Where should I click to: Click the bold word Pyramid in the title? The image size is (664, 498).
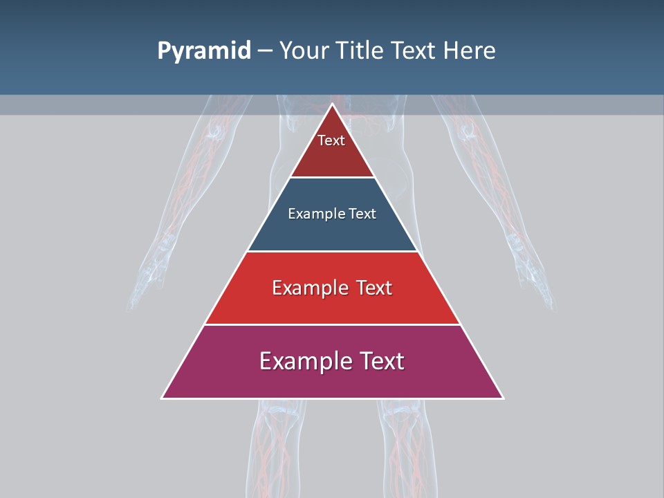[203, 51]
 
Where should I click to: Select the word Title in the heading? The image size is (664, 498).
[362, 51]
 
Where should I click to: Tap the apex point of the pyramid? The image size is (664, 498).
[332, 104]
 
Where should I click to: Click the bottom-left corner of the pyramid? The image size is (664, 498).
[163, 398]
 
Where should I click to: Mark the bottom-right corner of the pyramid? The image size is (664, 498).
[502, 398]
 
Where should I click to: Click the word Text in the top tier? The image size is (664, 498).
[331, 140]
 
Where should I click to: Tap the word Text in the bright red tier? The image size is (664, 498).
[370, 288]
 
